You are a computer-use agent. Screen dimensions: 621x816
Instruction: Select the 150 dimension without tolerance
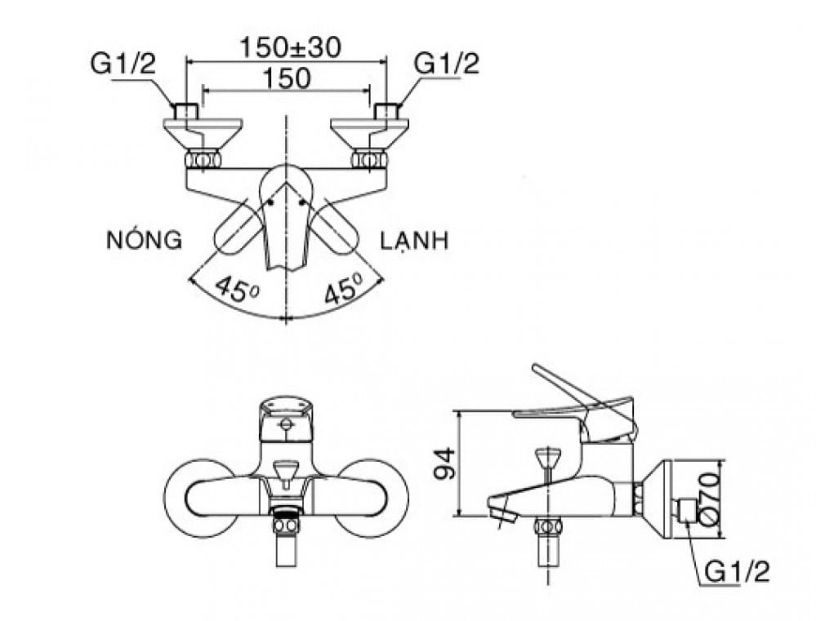[286, 78]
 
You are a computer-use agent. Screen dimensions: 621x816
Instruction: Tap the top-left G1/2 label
[123, 65]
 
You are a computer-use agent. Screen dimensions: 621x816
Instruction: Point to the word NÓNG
[143, 240]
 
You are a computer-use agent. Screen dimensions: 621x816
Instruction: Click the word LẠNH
[414, 241]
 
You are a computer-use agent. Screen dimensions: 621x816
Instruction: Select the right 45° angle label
[343, 289]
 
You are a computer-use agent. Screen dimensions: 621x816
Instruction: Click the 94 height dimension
[443, 465]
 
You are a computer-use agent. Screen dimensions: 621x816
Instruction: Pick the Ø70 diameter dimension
[708, 498]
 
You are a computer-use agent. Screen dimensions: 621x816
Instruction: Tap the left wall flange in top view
[203, 127]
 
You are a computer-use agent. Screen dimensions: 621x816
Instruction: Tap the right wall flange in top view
[368, 127]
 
